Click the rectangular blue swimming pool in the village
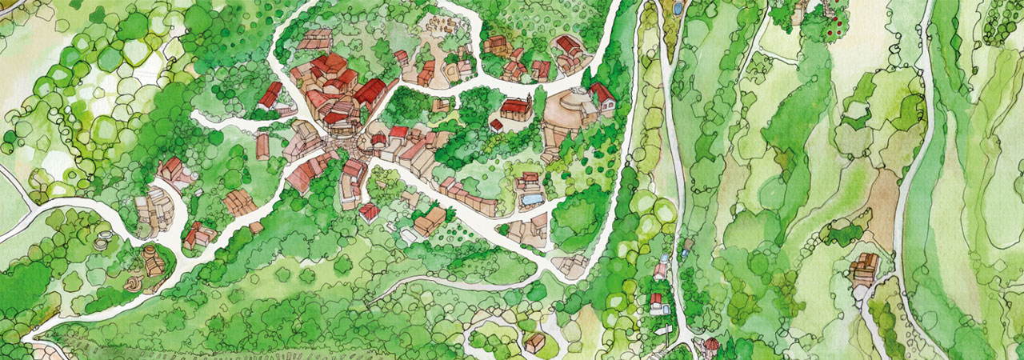(x=530, y=198)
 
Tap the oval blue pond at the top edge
(x=678, y=9)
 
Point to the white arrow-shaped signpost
(x=663, y=330)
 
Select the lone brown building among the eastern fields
(x=864, y=267)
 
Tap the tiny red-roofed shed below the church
(x=496, y=126)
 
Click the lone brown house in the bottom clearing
(x=534, y=342)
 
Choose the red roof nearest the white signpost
(x=657, y=302)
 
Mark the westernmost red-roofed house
(x=170, y=169)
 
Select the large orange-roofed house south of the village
(x=430, y=220)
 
